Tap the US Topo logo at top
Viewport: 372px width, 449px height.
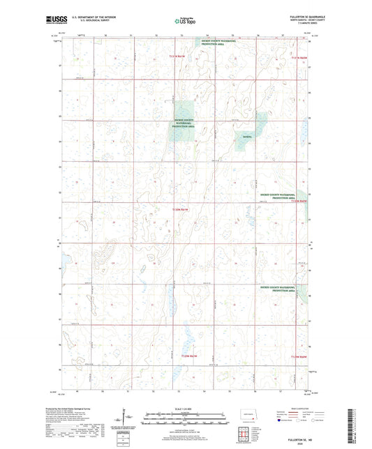[181, 22]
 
